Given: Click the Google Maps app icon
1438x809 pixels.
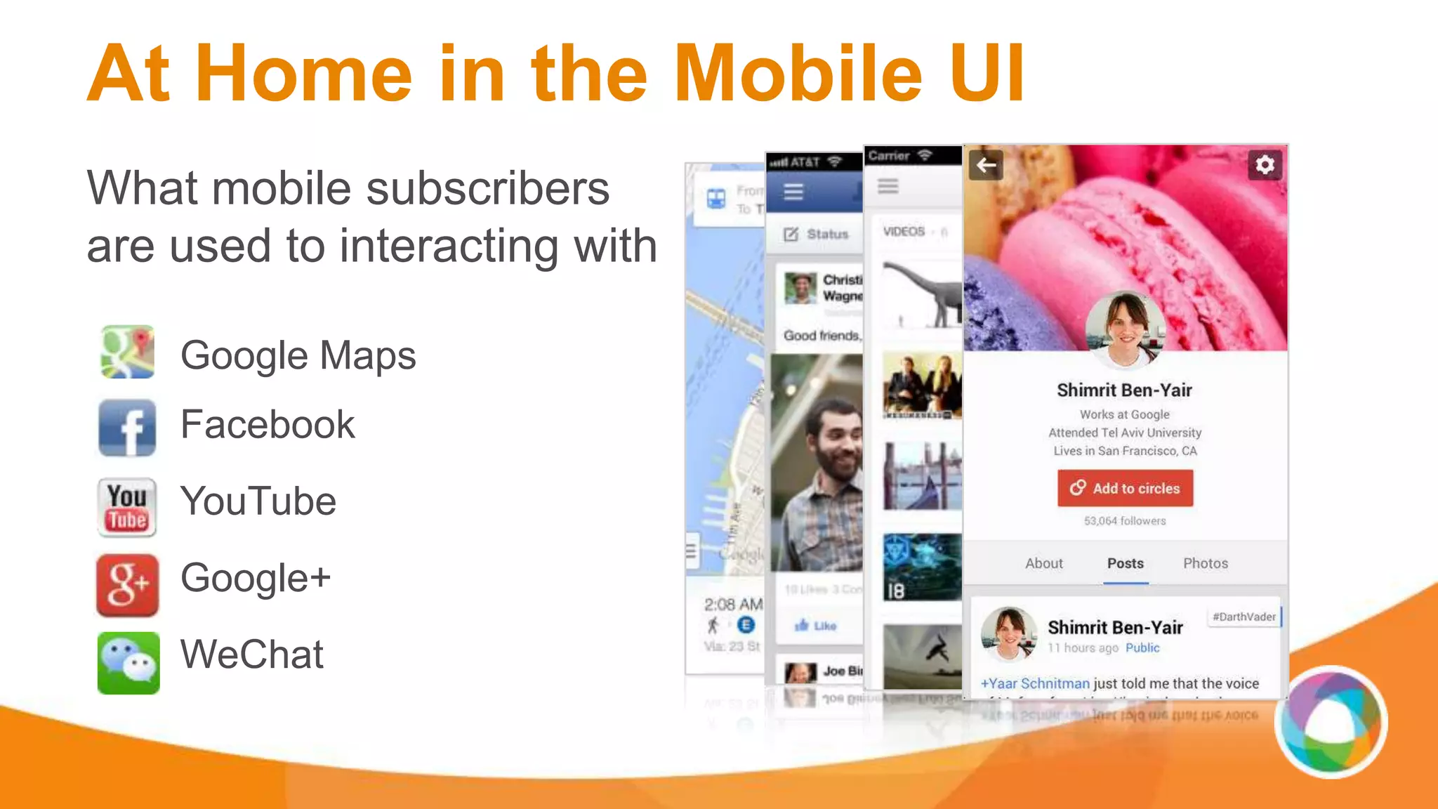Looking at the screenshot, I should coord(127,352).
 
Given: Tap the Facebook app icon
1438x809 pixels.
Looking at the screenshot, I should coord(127,427).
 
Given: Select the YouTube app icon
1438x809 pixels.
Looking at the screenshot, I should coord(127,507).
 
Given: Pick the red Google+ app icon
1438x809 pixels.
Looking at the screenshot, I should coord(127,584).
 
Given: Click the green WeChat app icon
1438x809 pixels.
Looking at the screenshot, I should coord(128,662).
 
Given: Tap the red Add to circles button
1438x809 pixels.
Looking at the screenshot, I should coord(1125,488).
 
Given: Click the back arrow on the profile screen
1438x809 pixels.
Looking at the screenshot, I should coord(986,165).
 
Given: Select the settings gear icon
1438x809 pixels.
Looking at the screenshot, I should coord(1265,165).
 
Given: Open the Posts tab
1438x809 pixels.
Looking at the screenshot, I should coord(1125,563).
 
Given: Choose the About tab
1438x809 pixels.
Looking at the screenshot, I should coord(1043,563).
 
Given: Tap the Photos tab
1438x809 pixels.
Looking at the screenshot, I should coord(1206,563).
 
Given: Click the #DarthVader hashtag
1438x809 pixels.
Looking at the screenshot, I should coord(1244,617).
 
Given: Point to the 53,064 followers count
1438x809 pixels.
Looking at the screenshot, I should coord(1125,520).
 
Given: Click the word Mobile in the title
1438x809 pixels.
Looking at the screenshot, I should coord(798,74).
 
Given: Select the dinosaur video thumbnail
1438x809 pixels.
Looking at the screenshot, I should coord(922,295).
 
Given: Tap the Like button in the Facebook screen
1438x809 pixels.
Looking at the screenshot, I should coord(816,625).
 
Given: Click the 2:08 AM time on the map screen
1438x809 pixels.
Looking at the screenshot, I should coord(732,604).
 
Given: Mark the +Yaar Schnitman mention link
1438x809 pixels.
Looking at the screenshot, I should coord(1035,683).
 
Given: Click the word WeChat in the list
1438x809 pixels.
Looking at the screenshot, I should coord(252,655).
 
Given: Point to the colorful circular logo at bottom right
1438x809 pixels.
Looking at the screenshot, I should coord(1331,722).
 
